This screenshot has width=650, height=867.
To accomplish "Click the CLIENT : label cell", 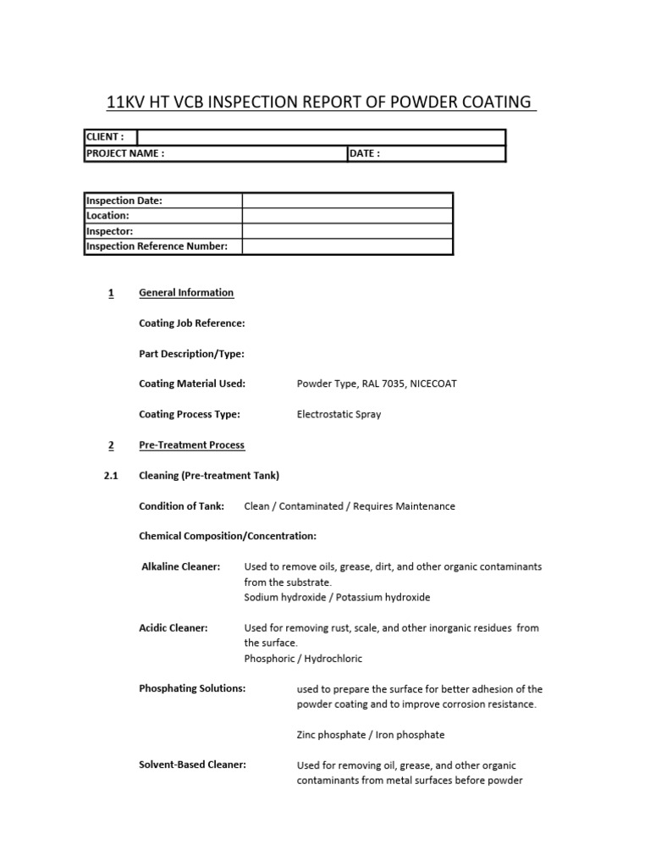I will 105,137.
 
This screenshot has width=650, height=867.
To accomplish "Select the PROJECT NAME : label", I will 125,153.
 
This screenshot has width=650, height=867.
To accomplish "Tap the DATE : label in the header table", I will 366,153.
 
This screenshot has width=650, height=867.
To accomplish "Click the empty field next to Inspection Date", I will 347,201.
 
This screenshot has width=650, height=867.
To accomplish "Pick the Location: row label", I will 107,216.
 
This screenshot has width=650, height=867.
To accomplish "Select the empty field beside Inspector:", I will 347,231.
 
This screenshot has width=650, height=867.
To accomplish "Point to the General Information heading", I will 186,293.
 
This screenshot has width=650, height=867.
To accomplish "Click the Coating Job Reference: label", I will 192,323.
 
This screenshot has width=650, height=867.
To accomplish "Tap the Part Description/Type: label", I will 192,354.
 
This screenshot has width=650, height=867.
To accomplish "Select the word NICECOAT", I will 433,384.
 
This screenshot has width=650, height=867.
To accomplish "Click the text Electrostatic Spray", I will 339,415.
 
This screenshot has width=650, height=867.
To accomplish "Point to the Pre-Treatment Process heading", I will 191,445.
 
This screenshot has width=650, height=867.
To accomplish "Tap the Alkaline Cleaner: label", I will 180,566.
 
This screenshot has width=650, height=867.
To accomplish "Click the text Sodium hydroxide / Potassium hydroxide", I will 337,598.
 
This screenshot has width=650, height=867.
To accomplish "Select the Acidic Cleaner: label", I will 174,628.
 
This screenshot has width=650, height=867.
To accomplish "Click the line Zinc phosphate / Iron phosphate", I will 371,735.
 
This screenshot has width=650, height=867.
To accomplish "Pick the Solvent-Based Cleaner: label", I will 192,765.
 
